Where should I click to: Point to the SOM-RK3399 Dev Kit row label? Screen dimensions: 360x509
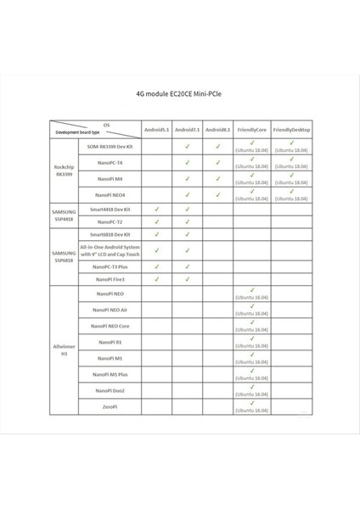pyautogui.click(x=108, y=146)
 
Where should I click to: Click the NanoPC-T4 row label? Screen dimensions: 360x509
pyautogui.click(x=108, y=162)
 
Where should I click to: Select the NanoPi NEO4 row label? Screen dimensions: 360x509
pyautogui.click(x=108, y=195)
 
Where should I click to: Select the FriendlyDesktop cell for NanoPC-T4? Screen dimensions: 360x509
pyautogui.click(x=291, y=162)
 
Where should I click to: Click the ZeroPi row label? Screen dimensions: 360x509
pyautogui.click(x=108, y=407)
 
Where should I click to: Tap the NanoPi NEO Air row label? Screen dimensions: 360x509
pyautogui.click(x=108, y=310)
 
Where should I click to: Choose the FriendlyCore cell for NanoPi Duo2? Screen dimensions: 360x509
pyautogui.click(x=252, y=390)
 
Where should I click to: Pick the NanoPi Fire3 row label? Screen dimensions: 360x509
pyautogui.click(x=108, y=278)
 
